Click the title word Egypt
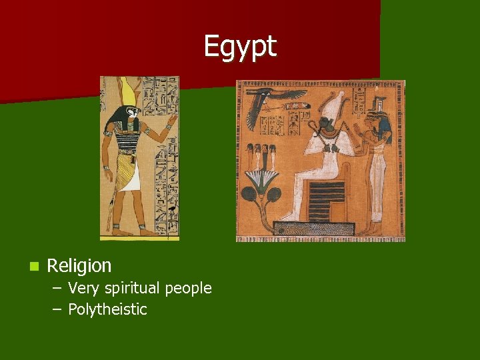coord(239,47)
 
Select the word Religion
coord(79,266)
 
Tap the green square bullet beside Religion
coord(33,267)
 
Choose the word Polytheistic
coord(107,309)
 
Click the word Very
coord(83,289)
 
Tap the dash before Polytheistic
coord(56,310)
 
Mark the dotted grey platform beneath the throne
coord(313,229)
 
